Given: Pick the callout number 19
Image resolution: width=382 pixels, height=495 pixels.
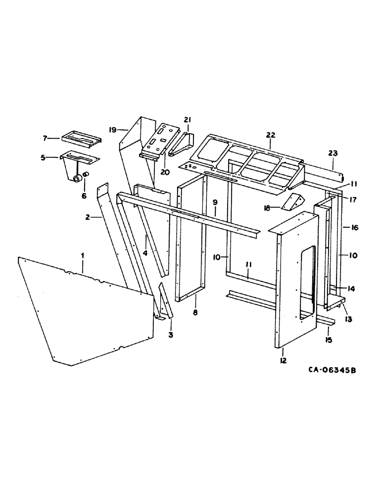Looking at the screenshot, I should [x=112, y=130].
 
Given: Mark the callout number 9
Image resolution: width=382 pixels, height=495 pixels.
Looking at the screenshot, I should [x=215, y=202].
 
